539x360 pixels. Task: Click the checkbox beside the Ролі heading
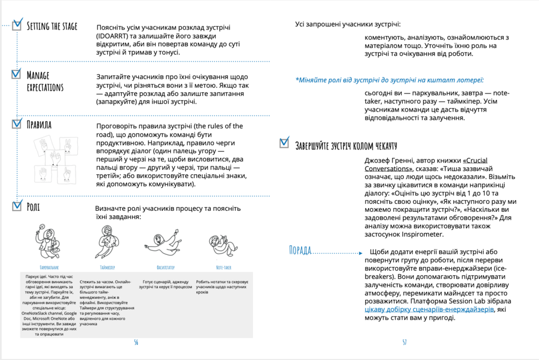tap(17, 205)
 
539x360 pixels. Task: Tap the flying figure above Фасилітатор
tap(165, 244)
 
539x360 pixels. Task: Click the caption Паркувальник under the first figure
tap(49, 267)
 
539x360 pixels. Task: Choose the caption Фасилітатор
tap(165, 267)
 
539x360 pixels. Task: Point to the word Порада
tap(300, 251)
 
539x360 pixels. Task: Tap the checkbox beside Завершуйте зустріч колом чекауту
tap(285, 143)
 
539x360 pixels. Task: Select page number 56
tap(136, 342)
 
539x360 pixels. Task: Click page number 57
tap(404, 342)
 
